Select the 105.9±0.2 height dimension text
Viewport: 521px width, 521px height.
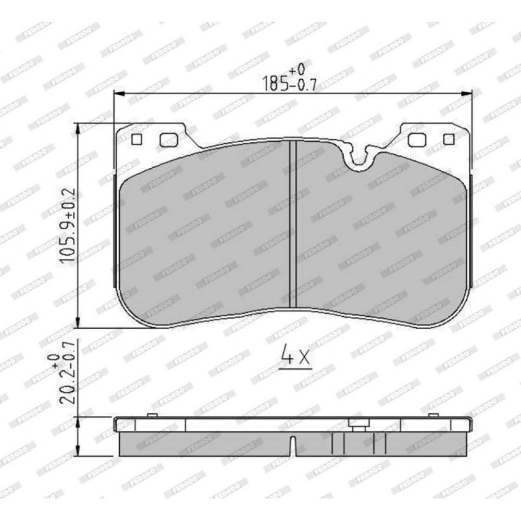click(68, 225)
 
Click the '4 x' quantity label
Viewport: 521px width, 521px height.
click(295, 354)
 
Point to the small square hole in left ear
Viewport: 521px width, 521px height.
click(137, 139)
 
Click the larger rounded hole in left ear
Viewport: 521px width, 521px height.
click(169, 140)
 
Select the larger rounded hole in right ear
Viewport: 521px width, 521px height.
click(417, 140)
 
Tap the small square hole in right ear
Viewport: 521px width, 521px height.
click(449, 139)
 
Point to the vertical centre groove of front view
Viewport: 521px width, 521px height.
click(293, 224)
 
